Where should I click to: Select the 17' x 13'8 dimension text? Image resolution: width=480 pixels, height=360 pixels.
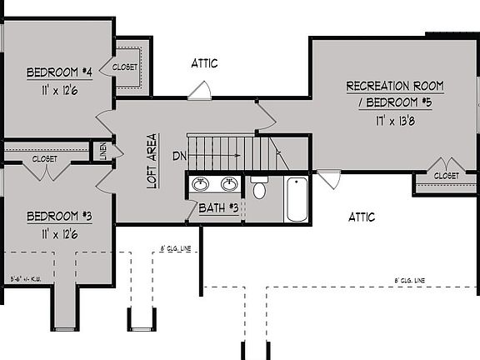pos(396,120)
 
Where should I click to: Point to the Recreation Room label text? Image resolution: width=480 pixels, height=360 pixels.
pos(394,87)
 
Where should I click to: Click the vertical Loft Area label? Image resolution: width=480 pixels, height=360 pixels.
pos(152,161)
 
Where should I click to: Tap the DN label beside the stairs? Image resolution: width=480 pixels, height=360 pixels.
pos(179,156)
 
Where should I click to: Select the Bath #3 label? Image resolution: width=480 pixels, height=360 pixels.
pos(219,207)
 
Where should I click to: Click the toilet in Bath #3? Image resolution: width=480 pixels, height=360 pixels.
pos(258,188)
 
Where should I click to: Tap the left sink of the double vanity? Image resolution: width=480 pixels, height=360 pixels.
pos(201,184)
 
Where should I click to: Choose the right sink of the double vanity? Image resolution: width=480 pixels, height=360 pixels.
pos(228,184)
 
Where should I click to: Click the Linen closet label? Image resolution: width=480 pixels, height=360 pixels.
pos(103,151)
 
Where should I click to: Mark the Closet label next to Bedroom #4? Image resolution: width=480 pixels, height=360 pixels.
pos(125,67)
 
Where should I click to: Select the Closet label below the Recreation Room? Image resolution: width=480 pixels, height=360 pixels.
pos(446,176)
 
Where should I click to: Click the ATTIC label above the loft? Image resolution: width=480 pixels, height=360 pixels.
pos(204,63)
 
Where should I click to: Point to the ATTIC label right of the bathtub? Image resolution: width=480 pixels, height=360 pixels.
pos(361,217)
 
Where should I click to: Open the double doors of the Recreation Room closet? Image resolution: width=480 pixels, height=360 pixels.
pos(446,163)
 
